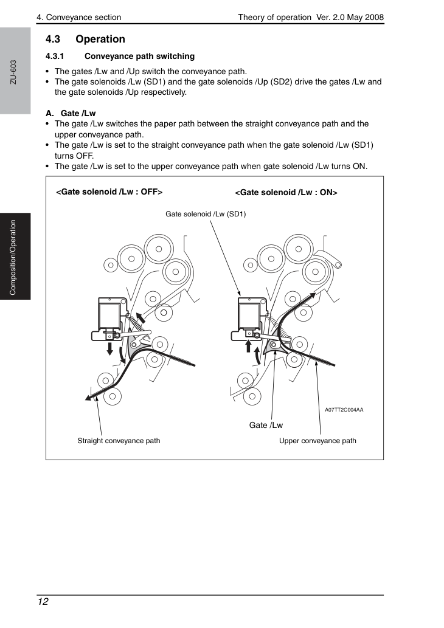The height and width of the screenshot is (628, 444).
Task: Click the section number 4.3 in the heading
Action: pyautogui.click(x=52, y=39)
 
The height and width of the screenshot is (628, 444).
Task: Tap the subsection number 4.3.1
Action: pyautogui.click(x=55, y=56)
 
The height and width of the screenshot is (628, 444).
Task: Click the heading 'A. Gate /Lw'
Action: pyautogui.click(x=71, y=113)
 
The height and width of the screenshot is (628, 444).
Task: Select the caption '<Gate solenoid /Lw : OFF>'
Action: pyautogui.click(x=109, y=192)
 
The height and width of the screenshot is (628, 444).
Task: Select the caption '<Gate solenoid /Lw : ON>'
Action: pyautogui.click(x=286, y=193)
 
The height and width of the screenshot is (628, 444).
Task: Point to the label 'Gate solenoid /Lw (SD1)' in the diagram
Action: pyautogui.click(x=206, y=214)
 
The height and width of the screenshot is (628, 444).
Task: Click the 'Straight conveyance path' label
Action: pyautogui.click(x=119, y=441)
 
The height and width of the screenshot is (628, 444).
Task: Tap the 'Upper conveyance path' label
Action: pyautogui.click(x=317, y=441)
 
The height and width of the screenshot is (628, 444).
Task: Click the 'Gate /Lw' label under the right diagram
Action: pyautogui.click(x=266, y=425)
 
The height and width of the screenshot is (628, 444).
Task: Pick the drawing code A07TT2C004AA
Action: pyautogui.click(x=344, y=410)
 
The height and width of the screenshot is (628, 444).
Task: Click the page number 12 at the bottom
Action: pyautogui.click(x=43, y=601)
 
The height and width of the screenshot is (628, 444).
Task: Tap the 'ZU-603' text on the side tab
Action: pyautogui.click(x=13, y=72)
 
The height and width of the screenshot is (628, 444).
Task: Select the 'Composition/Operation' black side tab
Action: pyautogui.click(x=15, y=257)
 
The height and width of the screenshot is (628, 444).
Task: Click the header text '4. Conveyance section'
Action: pyautogui.click(x=78, y=17)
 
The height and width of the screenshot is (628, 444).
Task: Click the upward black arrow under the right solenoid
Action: pyautogui.click(x=248, y=346)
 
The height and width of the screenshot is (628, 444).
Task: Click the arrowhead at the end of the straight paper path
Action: pyautogui.click(x=89, y=398)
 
